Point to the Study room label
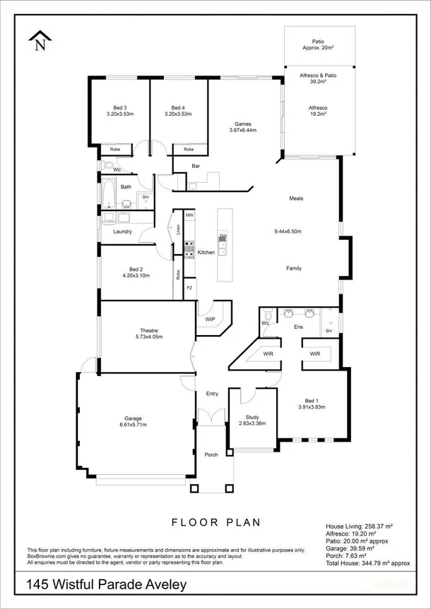coord(252,417)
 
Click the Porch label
coord(211,454)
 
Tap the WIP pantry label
coord(210,320)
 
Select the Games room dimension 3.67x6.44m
coord(243,130)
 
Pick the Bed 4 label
coord(177,107)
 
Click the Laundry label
coord(122,231)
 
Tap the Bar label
coord(196,167)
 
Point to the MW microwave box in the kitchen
coord(189,215)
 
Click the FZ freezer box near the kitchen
coord(189,288)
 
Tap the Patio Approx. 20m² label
coord(318,44)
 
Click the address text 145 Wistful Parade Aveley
coord(106,585)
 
